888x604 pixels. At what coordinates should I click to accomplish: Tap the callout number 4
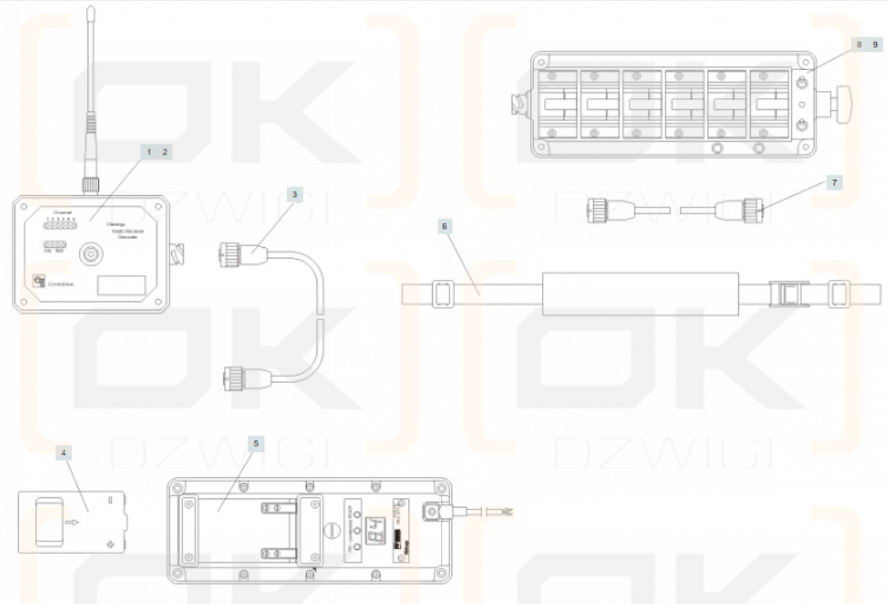(x=64, y=452)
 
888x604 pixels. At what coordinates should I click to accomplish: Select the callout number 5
(x=256, y=443)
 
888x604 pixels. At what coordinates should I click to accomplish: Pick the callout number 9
(x=875, y=44)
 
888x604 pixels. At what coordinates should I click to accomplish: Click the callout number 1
(x=148, y=151)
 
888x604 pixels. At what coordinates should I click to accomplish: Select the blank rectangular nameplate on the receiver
(x=121, y=285)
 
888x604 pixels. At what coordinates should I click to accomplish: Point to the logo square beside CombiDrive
(x=37, y=281)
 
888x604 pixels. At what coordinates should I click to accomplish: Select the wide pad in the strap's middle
(x=640, y=294)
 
